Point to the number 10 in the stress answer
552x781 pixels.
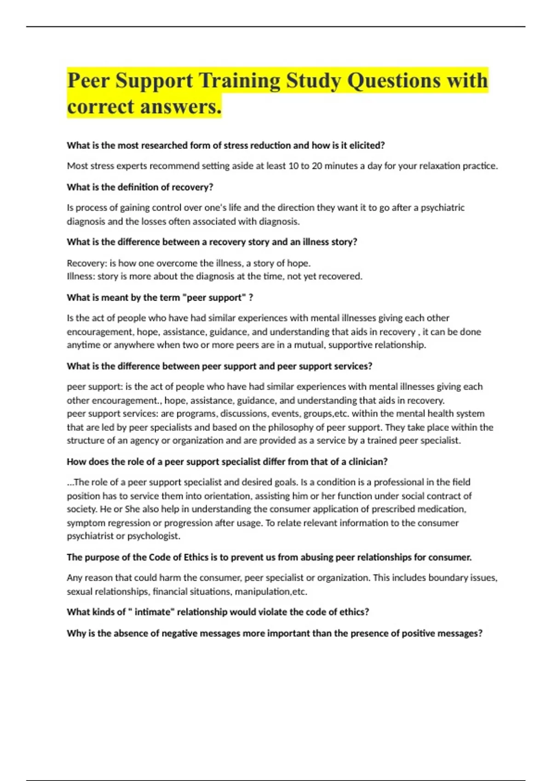click(x=293, y=166)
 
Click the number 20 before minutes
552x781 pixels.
click(x=317, y=166)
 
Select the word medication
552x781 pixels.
click(x=442, y=509)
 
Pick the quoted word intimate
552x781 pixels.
click(x=154, y=612)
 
